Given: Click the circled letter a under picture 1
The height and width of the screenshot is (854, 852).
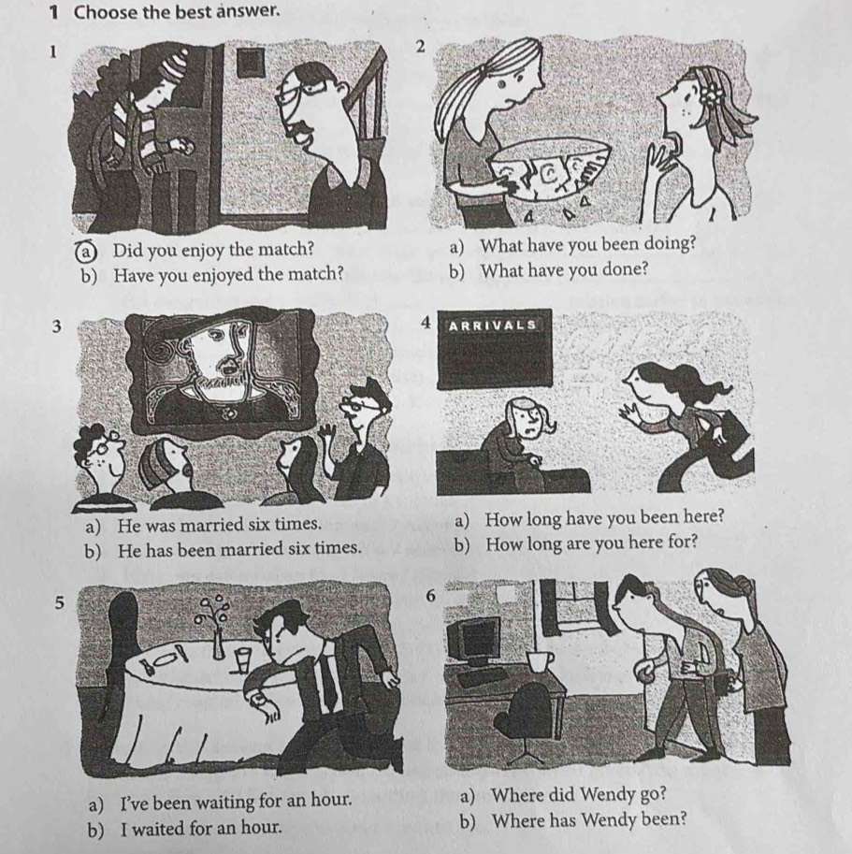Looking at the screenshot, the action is [88, 250].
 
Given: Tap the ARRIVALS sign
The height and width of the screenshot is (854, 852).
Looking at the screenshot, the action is [492, 326].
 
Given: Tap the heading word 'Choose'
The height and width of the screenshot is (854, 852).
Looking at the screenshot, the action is [106, 11].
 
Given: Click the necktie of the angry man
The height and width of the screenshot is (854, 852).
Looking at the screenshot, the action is [326, 680].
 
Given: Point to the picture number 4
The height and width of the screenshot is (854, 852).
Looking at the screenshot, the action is [426, 323].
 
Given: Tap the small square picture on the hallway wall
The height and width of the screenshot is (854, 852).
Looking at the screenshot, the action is [251, 64].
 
